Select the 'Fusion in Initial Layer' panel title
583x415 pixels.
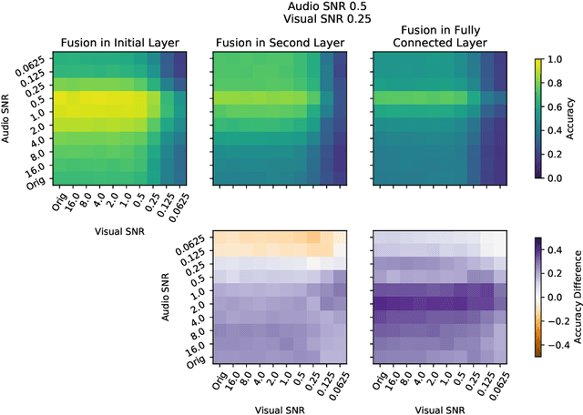click(119, 42)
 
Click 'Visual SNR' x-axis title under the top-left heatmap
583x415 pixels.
click(119, 232)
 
